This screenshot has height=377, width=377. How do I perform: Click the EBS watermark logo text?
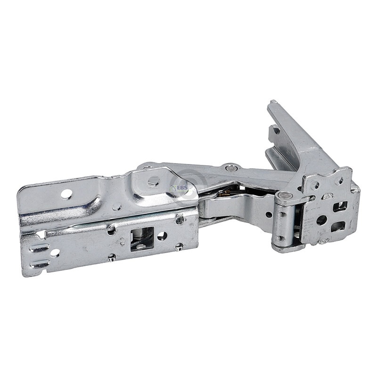182,188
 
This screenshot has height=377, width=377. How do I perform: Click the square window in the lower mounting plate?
142,239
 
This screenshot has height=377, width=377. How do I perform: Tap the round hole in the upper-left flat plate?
66,194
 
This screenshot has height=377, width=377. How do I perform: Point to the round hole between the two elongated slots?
55,253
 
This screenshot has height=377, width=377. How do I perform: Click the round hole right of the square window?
162,236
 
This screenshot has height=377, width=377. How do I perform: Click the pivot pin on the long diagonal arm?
230,168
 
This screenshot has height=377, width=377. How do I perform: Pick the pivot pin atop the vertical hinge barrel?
283,195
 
